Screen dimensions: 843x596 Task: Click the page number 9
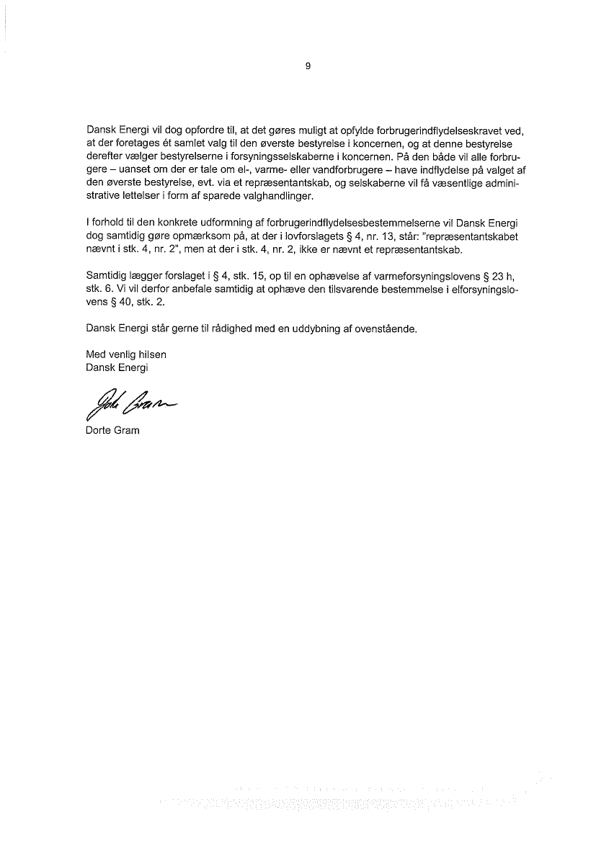(x=308, y=66)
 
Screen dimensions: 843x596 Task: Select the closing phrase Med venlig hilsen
(x=126, y=354)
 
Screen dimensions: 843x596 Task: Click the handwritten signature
(x=129, y=406)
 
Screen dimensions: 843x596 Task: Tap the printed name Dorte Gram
(x=112, y=431)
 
